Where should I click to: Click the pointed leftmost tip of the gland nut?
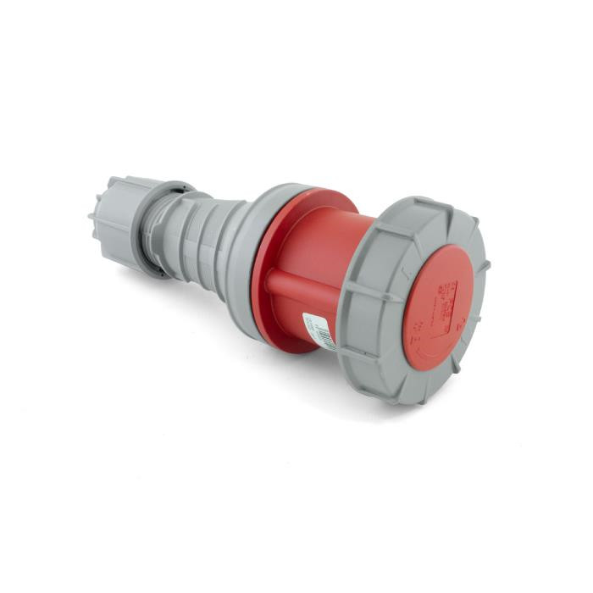pos(91,217)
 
